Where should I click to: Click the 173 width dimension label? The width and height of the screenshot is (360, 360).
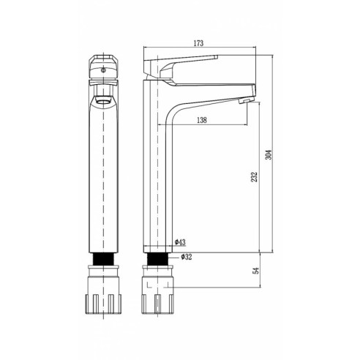point(198,43)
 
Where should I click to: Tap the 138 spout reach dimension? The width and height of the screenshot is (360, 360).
point(202,120)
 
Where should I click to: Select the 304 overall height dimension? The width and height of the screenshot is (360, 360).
point(269,154)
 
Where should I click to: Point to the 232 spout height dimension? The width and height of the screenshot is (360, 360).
point(255,177)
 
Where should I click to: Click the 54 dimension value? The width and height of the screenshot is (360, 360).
point(256,271)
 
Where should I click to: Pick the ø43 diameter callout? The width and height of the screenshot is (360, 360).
point(180,242)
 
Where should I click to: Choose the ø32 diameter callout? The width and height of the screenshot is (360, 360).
point(187,257)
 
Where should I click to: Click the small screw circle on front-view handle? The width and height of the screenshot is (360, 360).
point(103,70)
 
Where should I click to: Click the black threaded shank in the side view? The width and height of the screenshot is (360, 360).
point(158,259)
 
